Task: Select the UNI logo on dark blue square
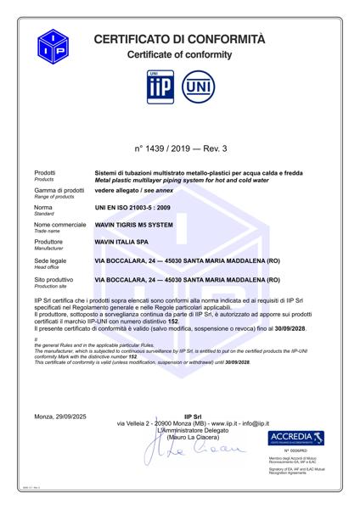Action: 195,89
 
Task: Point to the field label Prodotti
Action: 44,172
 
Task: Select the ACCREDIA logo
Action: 297,438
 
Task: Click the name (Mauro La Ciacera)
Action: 191,435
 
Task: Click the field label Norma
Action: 42,208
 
